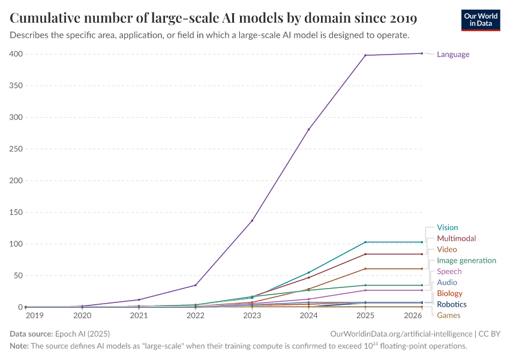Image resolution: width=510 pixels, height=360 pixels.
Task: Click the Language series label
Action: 453,55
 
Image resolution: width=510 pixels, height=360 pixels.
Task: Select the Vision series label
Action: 447,227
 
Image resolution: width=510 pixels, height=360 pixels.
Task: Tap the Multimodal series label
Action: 456,238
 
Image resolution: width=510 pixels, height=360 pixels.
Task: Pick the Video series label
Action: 446,249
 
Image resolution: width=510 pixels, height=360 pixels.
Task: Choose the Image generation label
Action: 466,260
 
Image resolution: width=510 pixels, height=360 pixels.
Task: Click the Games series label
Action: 448,315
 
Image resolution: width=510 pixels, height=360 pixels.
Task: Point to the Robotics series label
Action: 451,304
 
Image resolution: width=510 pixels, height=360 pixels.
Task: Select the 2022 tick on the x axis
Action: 196,315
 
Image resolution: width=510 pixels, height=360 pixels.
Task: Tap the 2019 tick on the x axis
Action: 35,315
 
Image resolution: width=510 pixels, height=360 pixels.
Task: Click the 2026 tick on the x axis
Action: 412,315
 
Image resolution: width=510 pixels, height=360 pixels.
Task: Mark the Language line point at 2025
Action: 365,55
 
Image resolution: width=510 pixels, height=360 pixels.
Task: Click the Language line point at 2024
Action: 309,130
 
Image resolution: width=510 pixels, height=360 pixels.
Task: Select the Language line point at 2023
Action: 252,220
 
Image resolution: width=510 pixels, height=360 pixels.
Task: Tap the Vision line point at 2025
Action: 365,242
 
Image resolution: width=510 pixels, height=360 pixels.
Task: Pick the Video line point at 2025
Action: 365,269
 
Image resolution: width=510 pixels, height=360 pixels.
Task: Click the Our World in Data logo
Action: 481,19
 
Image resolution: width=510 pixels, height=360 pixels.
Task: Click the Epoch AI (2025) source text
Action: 83,333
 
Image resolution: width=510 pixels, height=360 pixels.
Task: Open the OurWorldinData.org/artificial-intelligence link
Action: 401,333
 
